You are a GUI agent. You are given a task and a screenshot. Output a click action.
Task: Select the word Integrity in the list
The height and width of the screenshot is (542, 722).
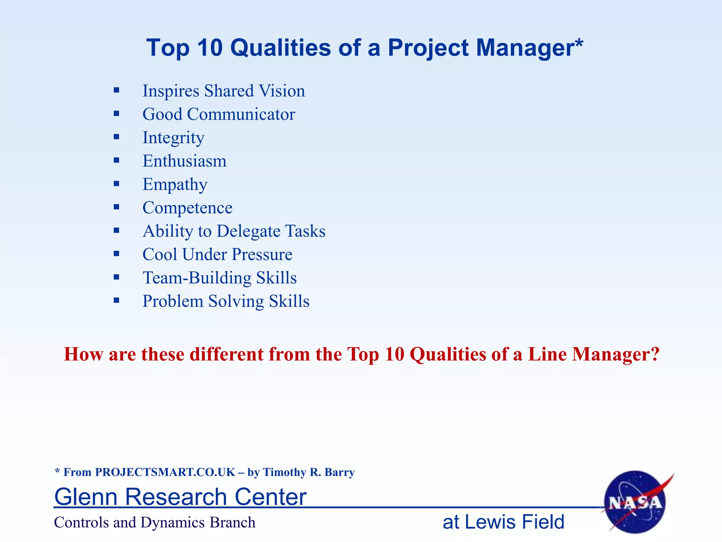[x=173, y=138]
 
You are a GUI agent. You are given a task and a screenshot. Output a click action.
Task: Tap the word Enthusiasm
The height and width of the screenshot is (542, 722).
[x=184, y=161]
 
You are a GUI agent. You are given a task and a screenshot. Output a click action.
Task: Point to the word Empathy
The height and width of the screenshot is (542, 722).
[x=175, y=185]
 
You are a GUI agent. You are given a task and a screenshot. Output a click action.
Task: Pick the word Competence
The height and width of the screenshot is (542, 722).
[x=188, y=208]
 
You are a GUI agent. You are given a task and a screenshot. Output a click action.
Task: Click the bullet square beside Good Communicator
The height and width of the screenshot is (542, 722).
[x=117, y=114]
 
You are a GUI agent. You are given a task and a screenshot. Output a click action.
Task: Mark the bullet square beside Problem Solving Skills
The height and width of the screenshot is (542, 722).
[x=117, y=301]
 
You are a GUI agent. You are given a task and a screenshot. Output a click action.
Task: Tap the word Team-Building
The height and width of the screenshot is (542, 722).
[x=197, y=278]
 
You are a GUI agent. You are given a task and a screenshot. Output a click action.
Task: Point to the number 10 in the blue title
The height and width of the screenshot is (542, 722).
[x=210, y=48]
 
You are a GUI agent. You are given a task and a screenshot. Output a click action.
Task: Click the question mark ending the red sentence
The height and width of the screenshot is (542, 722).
[x=655, y=354]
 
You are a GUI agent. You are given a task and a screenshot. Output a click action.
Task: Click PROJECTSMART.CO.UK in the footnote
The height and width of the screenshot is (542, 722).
[x=165, y=472]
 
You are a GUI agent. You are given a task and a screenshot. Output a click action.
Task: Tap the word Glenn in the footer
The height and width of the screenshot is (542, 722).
[x=86, y=497]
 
